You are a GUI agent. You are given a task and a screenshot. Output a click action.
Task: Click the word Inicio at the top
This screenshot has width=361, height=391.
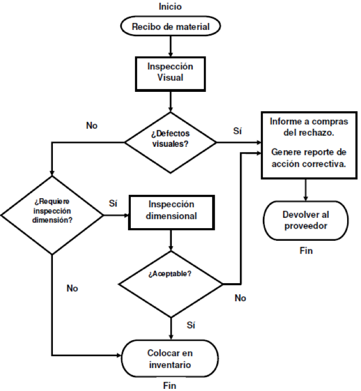click(170, 6)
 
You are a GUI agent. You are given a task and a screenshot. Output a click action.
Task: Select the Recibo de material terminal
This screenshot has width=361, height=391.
click(170, 26)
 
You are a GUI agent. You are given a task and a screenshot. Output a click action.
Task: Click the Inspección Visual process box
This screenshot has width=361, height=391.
click(170, 72)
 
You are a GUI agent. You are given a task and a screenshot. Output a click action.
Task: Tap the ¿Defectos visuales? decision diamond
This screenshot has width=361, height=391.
click(170, 142)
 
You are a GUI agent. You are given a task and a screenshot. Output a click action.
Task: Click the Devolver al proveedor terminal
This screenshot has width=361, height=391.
click(305, 220)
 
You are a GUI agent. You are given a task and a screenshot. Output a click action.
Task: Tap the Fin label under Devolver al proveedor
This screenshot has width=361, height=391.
click(305, 250)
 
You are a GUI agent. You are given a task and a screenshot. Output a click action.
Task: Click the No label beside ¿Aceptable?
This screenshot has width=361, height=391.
click(240, 298)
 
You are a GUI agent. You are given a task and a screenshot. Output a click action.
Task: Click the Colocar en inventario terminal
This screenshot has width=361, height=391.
click(170, 358)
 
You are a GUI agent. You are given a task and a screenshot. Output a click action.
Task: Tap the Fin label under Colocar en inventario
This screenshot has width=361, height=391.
click(169, 385)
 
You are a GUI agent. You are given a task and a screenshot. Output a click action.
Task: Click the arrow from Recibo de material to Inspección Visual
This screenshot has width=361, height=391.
click(170, 46)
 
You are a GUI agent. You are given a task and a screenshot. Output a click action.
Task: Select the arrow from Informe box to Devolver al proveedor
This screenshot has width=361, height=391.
click(305, 190)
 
